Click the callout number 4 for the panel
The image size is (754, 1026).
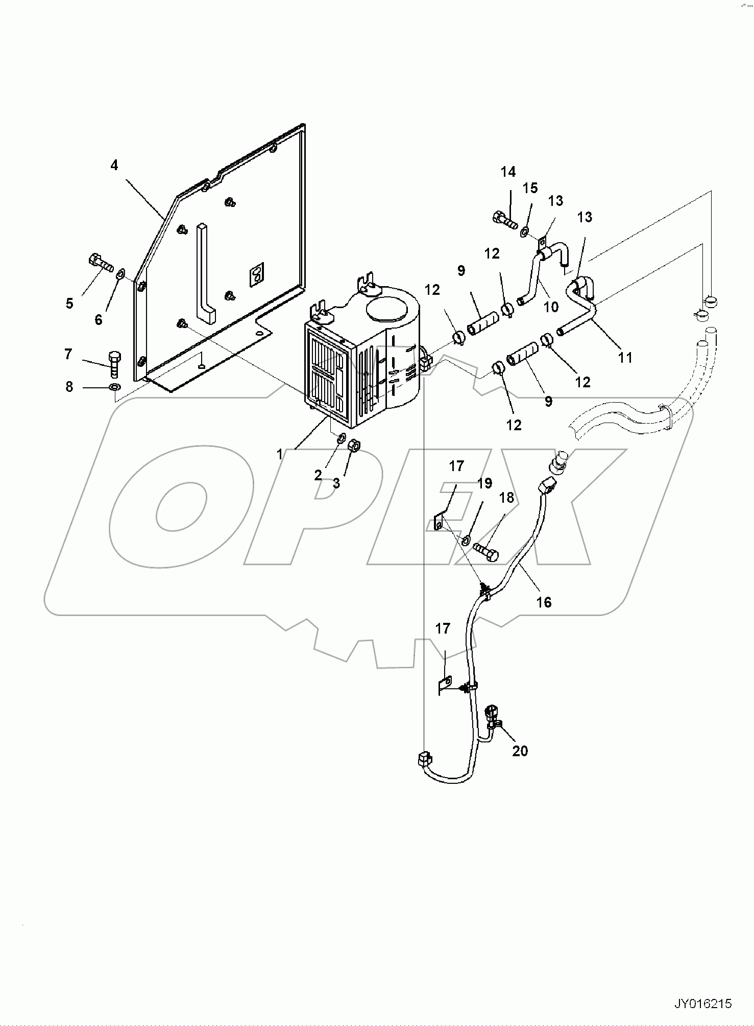(x=114, y=166)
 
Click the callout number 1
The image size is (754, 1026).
(x=279, y=454)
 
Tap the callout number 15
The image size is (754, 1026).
(x=530, y=188)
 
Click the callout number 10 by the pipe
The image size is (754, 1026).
(x=551, y=307)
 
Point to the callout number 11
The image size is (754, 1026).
(x=625, y=358)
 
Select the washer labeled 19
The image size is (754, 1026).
(x=466, y=541)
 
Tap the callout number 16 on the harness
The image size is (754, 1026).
(x=544, y=602)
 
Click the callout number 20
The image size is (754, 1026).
(x=520, y=751)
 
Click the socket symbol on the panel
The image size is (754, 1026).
(x=256, y=275)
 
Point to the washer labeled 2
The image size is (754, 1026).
(x=342, y=437)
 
